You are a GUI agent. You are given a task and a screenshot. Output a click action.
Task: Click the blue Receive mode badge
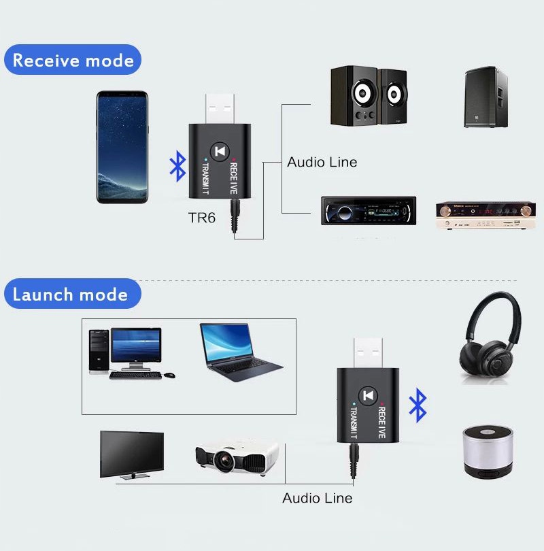pos(73,60)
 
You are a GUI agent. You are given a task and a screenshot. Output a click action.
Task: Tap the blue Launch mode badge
pos(70,294)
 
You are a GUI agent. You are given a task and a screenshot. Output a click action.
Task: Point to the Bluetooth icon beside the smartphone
pos(177,167)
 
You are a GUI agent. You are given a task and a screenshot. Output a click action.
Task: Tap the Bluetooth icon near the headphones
pos(418,406)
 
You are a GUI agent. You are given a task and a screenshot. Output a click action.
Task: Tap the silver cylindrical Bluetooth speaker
pos(488,452)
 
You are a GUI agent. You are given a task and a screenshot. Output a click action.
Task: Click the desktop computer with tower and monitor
pos(129,352)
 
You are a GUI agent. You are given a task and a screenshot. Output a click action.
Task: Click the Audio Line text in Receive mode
pos(322,162)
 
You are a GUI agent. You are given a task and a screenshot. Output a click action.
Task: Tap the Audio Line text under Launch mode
pos(318,498)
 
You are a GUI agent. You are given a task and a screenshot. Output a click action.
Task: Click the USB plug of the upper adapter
pos(218,107)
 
